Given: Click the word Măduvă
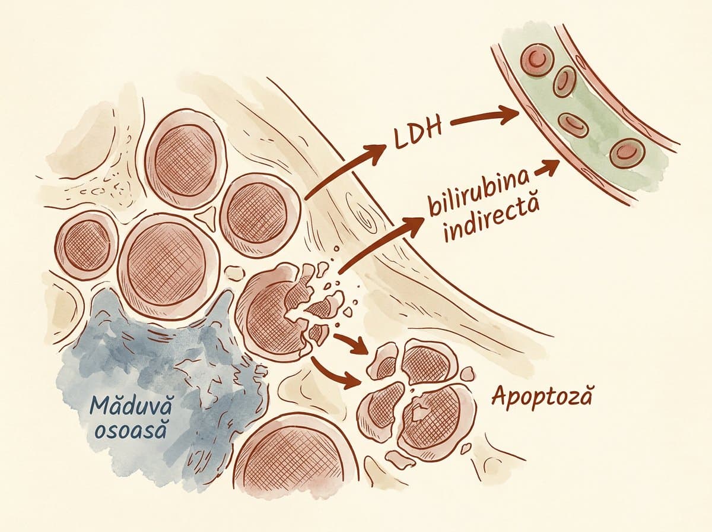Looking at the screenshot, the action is [130, 406].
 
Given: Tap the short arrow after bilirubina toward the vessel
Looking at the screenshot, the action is [546, 168].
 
